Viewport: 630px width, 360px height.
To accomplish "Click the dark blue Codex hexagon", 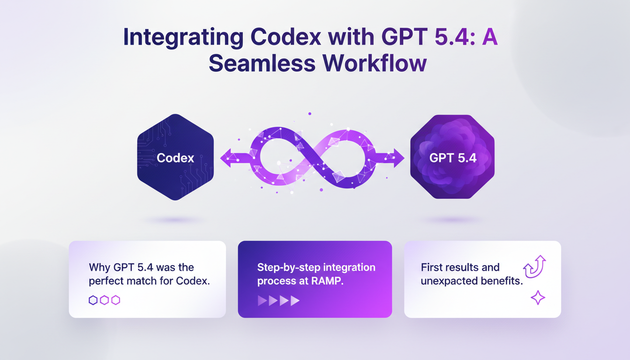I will (x=175, y=157).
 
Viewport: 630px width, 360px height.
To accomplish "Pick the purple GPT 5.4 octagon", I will (x=452, y=157).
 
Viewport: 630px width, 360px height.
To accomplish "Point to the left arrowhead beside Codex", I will (x=226, y=158).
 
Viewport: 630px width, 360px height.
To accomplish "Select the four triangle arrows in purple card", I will (x=278, y=300).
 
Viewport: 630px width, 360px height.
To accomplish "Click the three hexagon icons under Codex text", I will (x=104, y=300).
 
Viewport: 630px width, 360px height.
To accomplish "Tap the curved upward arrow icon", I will (x=535, y=266).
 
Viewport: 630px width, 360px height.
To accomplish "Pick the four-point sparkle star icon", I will (x=538, y=298).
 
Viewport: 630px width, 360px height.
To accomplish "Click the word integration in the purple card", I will (x=350, y=267).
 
